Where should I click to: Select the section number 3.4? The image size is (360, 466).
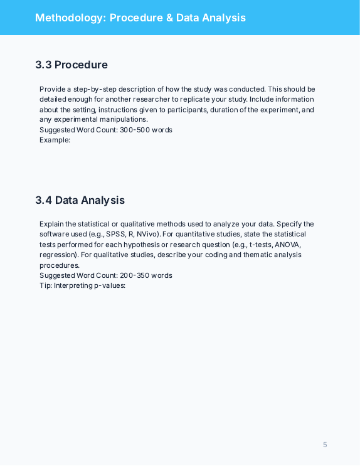(x=44, y=200)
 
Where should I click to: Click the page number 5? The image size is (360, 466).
(x=325, y=445)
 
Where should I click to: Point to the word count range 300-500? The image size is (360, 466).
(x=134, y=130)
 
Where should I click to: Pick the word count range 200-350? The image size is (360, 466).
(x=134, y=275)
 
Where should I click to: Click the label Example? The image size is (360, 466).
(x=55, y=140)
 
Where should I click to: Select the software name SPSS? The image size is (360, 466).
(x=116, y=234)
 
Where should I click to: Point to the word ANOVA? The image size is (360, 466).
(x=287, y=245)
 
